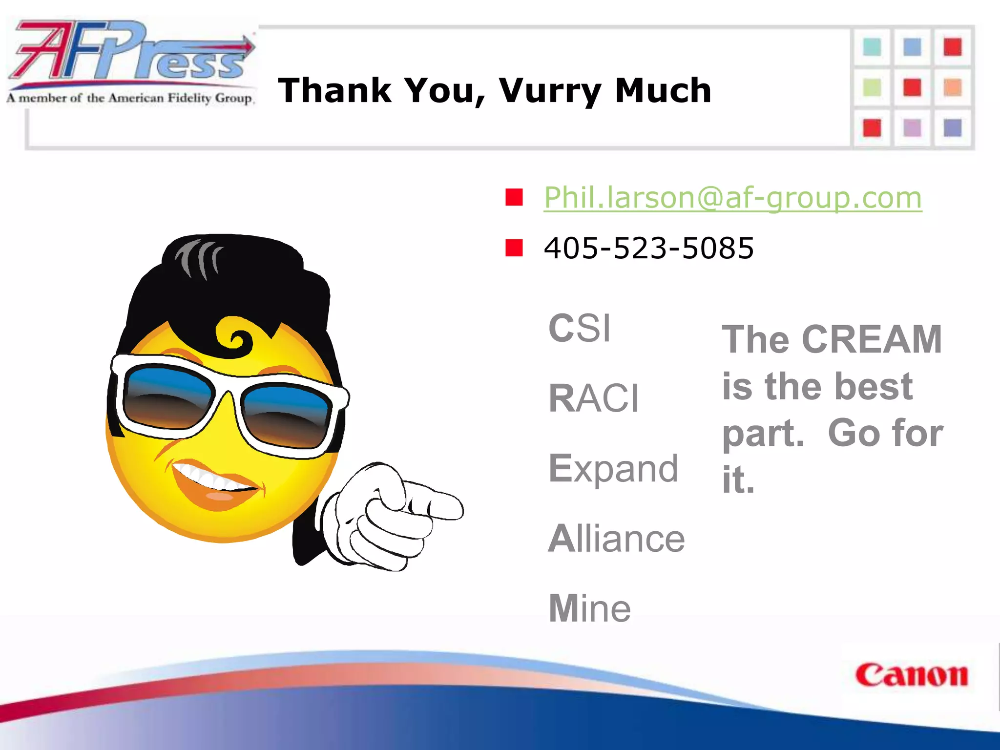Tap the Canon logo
tap(911, 676)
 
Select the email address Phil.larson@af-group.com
tap(732, 198)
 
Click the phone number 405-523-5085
tap(648, 248)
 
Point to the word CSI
tap(580, 328)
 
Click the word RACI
tap(593, 398)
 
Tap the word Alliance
tap(616, 539)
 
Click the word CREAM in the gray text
tap(872, 339)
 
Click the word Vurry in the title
tap(549, 91)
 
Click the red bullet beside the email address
tap(514, 198)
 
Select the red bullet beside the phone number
tap(514, 248)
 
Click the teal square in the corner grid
tap(872, 47)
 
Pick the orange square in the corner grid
tap(952, 88)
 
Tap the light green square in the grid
tap(872, 88)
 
